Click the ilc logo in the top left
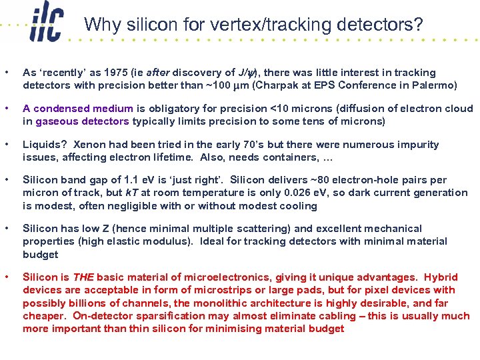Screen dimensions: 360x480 point(48,25)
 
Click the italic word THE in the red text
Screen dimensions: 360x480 point(83,277)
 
